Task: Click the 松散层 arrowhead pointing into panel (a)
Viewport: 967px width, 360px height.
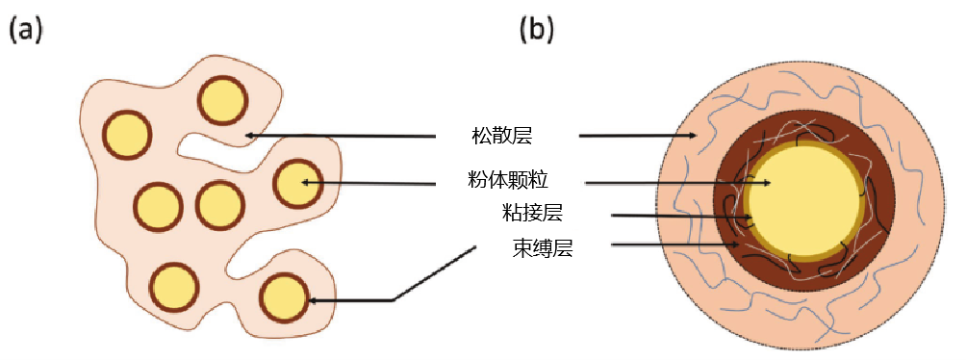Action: (249, 136)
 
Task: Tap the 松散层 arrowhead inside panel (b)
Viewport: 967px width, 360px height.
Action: (693, 137)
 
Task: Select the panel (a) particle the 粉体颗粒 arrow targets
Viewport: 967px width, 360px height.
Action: (297, 183)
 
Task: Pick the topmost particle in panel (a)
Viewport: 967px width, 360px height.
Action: (223, 100)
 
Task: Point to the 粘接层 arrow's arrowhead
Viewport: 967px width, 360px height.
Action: (740, 218)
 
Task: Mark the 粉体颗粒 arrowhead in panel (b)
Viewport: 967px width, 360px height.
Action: (766, 182)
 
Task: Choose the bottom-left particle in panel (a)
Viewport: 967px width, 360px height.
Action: (174, 287)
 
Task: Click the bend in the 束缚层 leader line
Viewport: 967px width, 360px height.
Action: (394, 300)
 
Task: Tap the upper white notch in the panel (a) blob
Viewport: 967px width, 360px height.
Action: (207, 147)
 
